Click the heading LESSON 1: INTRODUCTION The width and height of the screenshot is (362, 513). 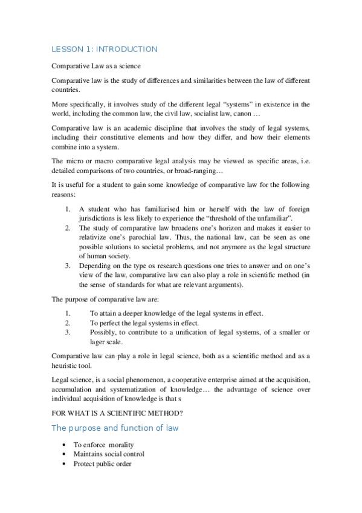coord(105,49)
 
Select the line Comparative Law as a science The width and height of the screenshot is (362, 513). coord(96,65)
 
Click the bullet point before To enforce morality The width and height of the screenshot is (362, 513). coord(63,445)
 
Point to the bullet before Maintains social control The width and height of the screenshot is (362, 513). coord(63,454)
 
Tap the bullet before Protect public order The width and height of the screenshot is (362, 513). coord(63,464)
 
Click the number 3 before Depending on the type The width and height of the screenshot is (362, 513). coord(68,264)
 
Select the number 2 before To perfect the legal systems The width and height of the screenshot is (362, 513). coord(68,322)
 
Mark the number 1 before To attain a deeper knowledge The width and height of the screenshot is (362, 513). coord(68,313)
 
